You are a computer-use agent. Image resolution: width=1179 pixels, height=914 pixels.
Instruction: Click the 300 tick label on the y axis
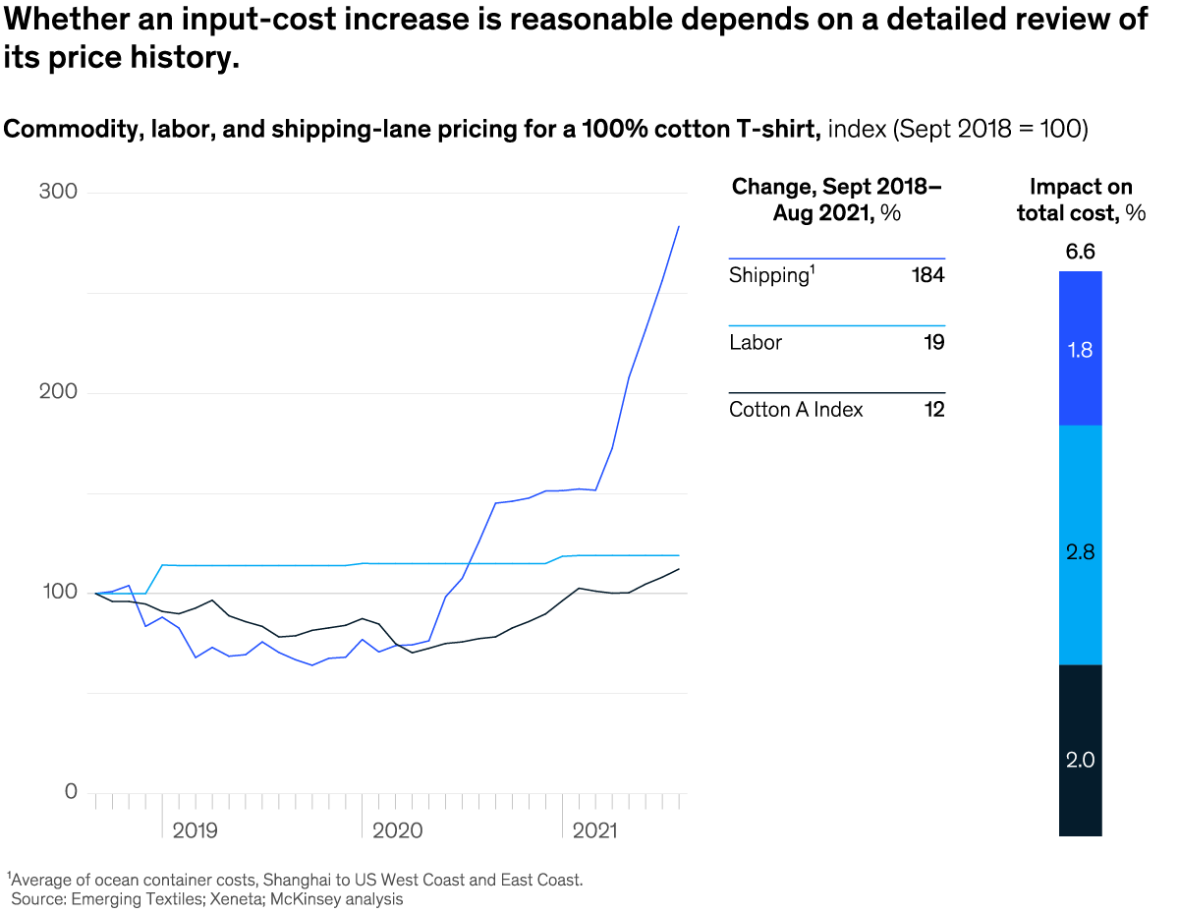click(58, 192)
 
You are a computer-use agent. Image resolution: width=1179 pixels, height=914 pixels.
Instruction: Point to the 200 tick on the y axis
click(58, 392)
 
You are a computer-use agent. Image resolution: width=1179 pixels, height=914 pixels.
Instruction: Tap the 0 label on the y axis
click(70, 791)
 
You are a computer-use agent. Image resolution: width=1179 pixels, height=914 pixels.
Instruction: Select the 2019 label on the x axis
click(196, 831)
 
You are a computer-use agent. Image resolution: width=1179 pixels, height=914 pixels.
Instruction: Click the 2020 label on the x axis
click(397, 831)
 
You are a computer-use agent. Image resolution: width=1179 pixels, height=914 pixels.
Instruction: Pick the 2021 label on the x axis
click(594, 831)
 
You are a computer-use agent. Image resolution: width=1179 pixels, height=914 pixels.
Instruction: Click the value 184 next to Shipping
click(927, 275)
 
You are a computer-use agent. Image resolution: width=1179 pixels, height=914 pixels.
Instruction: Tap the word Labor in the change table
click(756, 343)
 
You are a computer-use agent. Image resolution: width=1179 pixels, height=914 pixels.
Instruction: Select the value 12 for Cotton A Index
click(934, 410)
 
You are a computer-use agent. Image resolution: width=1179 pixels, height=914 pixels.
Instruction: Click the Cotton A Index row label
click(796, 410)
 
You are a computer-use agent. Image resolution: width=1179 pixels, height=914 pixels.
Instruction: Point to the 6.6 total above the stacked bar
click(1080, 253)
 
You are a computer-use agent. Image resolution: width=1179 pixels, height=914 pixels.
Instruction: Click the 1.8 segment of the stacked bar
click(1080, 349)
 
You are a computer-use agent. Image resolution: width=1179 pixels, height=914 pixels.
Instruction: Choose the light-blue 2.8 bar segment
click(1080, 552)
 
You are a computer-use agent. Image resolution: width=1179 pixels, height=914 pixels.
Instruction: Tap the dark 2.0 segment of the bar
click(1080, 759)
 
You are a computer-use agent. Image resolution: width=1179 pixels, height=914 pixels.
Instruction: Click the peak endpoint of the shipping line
click(679, 226)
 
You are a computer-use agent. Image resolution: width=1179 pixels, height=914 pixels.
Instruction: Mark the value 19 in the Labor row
click(934, 343)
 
